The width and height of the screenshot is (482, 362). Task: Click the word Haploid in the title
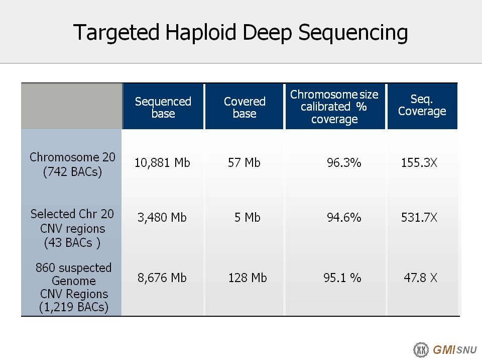[201, 32]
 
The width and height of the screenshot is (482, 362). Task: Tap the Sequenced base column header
[163, 108]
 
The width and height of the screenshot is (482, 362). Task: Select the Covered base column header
[245, 108]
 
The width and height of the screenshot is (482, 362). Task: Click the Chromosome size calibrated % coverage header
[334, 107]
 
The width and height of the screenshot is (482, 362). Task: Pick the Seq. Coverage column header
[422, 105]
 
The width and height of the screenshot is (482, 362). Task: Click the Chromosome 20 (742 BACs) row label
[72, 164]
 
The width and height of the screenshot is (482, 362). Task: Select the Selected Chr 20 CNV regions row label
[72, 228]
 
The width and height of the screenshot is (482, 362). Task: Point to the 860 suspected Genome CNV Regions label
[73, 287]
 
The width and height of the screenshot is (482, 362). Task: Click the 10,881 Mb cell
[162, 162]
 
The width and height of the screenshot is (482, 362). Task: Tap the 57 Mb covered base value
[244, 162]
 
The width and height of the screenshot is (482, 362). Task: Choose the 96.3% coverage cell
[344, 162]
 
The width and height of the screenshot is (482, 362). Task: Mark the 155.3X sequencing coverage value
[419, 162]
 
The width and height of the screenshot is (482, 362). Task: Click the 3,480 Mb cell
[162, 218]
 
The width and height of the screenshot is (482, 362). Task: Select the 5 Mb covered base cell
[248, 217]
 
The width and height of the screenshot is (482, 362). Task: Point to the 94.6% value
[344, 217]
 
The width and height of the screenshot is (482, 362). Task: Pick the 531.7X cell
[419, 217]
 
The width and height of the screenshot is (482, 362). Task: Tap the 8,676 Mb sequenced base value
[162, 278]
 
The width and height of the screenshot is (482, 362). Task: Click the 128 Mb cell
[248, 278]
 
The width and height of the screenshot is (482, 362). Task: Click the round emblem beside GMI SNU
[421, 350]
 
